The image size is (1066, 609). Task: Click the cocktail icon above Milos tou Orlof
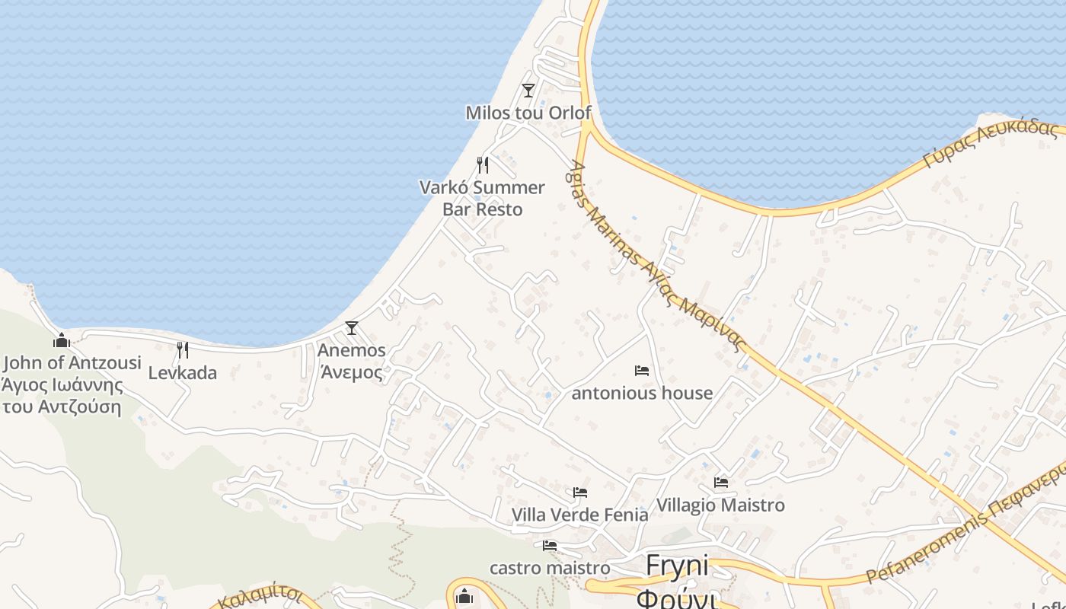tap(528, 91)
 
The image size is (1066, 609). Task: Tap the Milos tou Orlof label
tap(528, 113)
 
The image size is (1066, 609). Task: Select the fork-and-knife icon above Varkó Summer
tap(483, 164)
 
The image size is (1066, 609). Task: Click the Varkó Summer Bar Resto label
tap(483, 198)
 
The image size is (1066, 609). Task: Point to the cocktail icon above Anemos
tap(351, 328)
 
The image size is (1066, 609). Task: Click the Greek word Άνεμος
tap(351, 372)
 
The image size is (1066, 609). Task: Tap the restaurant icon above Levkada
tap(183, 350)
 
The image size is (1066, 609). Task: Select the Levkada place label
tap(183, 373)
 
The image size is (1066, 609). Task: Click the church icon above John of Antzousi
tap(62, 340)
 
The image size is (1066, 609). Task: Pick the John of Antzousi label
tap(72, 363)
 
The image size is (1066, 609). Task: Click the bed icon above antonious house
tap(642, 371)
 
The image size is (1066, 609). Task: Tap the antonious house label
tap(642, 394)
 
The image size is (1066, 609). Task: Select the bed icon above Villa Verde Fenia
tap(580, 493)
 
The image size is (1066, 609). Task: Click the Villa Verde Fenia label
tap(580, 515)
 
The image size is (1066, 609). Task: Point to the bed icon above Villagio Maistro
tap(721, 483)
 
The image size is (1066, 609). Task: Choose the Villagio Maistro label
tap(720, 505)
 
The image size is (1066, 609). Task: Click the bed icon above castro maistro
tap(550, 546)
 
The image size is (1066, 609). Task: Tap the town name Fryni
tap(677, 566)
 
